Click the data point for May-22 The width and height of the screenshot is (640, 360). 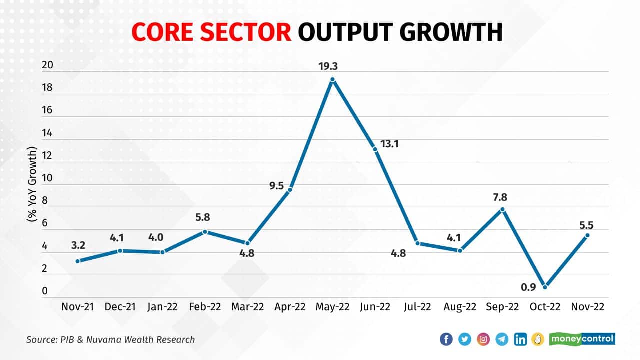[x=332, y=79]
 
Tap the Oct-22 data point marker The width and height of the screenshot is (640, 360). [x=545, y=287]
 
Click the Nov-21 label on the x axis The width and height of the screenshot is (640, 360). [x=77, y=307]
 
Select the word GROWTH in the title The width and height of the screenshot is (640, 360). [x=451, y=32]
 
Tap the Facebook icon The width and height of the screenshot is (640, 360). [x=446, y=339]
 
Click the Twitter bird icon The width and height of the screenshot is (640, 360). [x=465, y=339]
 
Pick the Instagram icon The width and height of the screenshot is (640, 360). [x=483, y=339]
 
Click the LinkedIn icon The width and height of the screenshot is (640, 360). [x=520, y=339]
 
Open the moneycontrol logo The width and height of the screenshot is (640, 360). [x=582, y=339]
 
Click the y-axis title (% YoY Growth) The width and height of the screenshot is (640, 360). [x=32, y=184]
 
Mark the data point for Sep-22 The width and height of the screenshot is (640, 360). [x=503, y=209]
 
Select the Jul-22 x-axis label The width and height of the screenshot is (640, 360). [x=417, y=307]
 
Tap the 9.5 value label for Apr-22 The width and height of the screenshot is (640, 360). [x=276, y=186]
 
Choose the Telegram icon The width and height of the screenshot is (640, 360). [x=502, y=339]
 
